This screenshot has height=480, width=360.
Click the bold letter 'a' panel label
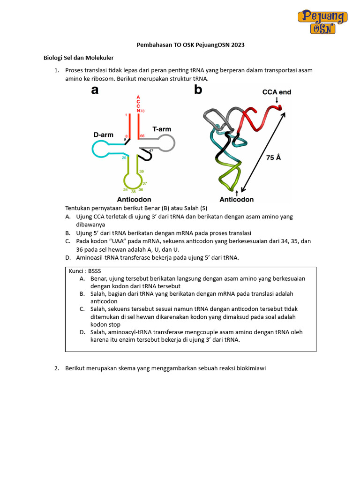[95, 90]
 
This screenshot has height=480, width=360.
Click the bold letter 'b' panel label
[198, 90]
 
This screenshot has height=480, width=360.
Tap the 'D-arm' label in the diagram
[103, 135]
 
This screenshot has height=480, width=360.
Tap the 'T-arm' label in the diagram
[161, 128]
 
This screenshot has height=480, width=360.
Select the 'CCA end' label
[276, 92]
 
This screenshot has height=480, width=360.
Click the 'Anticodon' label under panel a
[134, 199]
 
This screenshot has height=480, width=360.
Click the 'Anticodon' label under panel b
[237, 199]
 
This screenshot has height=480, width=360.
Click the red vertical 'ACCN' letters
[138, 104]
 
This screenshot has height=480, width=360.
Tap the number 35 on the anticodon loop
[133, 192]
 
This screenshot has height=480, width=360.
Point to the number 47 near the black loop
[151, 150]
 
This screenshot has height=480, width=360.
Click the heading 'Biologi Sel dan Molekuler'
[79, 58]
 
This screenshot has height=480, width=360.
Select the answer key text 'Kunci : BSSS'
[85, 271]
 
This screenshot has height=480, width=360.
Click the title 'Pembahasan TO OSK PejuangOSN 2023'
[190, 45]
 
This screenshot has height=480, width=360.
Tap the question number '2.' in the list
[57, 368]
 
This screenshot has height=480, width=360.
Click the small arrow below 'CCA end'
[277, 100]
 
